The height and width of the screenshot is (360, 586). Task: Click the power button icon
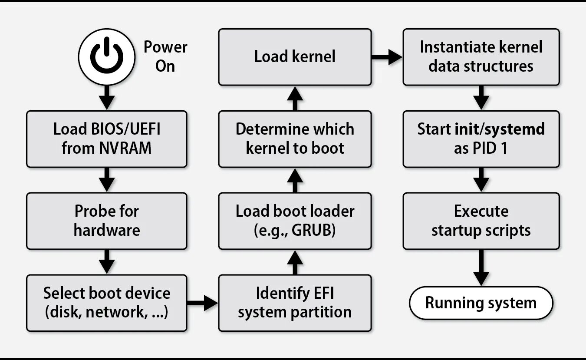[x=107, y=57]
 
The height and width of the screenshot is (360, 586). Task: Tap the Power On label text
[x=165, y=56]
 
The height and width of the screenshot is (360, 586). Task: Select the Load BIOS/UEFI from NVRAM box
[x=107, y=139]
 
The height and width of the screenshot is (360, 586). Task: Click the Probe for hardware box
[x=107, y=221]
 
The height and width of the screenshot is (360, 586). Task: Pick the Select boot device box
[x=107, y=303]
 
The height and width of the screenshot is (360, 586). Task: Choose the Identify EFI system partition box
[x=295, y=303]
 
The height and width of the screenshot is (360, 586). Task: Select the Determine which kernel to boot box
[x=295, y=139]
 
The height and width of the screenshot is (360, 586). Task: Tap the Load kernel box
[x=295, y=57]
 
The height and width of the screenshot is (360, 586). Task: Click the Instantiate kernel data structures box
[x=481, y=57]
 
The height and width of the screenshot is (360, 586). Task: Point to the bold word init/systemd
[x=499, y=129]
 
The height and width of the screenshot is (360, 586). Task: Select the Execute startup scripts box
[x=481, y=221]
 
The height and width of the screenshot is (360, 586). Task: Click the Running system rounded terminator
[x=481, y=303]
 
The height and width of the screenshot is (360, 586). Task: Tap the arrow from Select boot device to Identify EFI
[x=203, y=303]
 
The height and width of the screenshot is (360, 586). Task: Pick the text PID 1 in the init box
[x=492, y=149]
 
